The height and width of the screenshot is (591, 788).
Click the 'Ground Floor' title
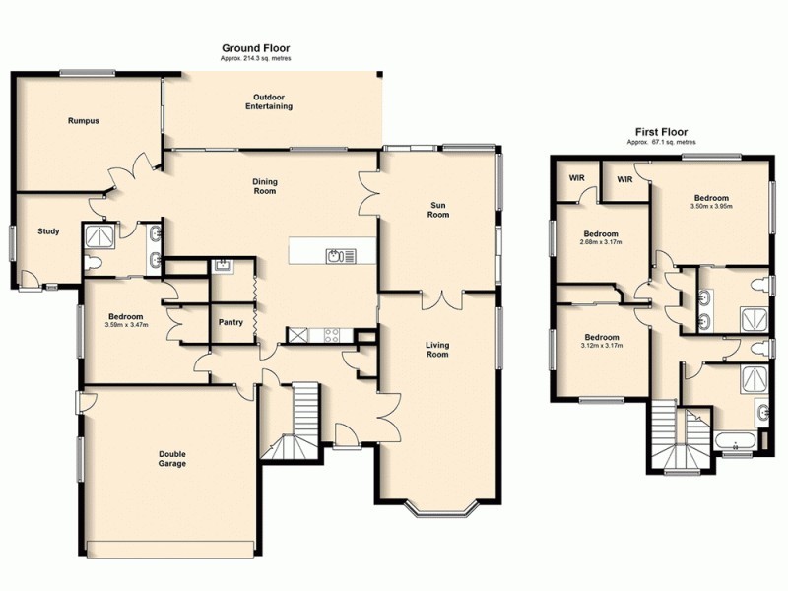[255, 47]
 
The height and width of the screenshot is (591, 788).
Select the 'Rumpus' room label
[84, 121]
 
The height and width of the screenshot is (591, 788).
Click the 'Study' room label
[48, 232]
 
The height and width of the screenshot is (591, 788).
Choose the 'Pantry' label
[230, 322]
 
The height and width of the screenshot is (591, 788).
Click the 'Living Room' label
[437, 350]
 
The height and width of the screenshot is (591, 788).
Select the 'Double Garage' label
[172, 459]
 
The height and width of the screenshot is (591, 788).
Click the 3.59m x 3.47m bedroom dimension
[126, 324]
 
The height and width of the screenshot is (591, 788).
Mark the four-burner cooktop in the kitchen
[329, 335]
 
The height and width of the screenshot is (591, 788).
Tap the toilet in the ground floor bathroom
[94, 263]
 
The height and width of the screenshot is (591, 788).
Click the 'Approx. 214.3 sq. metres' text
[255, 59]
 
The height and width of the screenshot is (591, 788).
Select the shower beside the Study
[100, 233]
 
